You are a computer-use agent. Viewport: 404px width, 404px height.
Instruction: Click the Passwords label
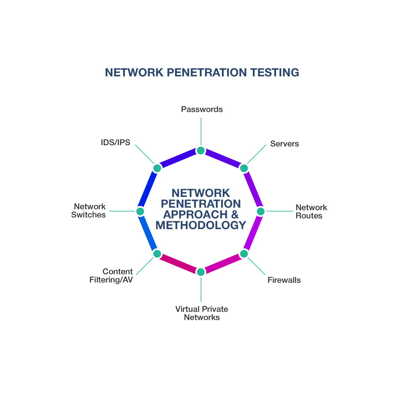point(202,110)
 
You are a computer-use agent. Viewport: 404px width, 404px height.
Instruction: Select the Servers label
point(284,144)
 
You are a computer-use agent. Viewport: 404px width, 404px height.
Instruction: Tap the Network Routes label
point(311,211)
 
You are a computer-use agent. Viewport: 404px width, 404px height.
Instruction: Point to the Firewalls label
point(284,280)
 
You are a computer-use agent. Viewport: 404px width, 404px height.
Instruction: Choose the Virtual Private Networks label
point(202,313)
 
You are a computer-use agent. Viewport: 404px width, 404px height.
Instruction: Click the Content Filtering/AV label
point(111,276)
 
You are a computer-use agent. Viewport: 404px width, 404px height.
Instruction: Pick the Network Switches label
point(88,211)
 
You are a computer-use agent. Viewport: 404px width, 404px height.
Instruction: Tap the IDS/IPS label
point(116,142)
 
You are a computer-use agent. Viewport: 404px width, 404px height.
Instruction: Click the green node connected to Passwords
point(201,151)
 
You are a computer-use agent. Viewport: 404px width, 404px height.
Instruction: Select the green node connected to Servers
point(244,168)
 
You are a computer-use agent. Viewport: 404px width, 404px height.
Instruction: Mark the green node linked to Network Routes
point(261,211)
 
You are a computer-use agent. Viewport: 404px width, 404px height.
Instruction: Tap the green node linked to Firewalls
point(244,254)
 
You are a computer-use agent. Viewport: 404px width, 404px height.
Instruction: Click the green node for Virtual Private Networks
point(201,272)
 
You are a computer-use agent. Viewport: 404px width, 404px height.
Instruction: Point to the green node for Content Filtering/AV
point(157,254)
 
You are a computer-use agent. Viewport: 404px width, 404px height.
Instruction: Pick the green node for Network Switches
point(140,211)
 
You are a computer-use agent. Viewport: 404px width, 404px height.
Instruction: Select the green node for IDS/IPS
point(157,168)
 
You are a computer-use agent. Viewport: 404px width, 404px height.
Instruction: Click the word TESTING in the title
point(275,73)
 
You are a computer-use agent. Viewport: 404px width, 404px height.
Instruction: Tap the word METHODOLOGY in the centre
point(201,225)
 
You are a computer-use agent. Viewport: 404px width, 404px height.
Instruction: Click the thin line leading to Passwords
point(201,131)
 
